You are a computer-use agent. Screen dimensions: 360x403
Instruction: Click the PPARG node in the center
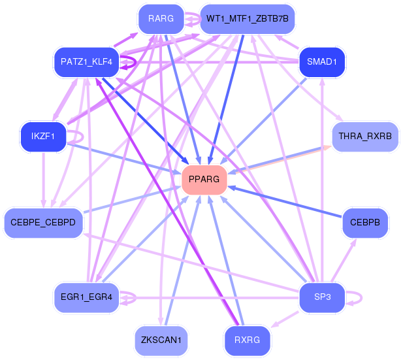pyautogui.click(x=204, y=179)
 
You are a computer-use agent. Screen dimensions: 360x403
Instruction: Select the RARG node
pyautogui.click(x=161, y=19)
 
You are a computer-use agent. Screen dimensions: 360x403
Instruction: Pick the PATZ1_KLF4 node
pyautogui.click(x=86, y=63)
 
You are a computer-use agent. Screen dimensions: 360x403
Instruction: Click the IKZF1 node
pyautogui.click(x=43, y=136)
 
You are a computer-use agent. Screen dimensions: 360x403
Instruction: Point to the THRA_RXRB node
pyautogui.click(x=364, y=137)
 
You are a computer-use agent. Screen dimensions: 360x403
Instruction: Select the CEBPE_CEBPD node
pyautogui.click(x=43, y=223)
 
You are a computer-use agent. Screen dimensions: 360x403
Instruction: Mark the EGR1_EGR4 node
pyautogui.click(x=86, y=297)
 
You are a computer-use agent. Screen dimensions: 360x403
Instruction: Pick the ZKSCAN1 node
pyautogui.click(x=161, y=340)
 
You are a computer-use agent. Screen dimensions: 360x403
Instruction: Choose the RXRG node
pyautogui.click(x=247, y=340)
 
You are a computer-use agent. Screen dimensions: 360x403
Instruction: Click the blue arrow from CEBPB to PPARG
pyautogui.click(x=287, y=203)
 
